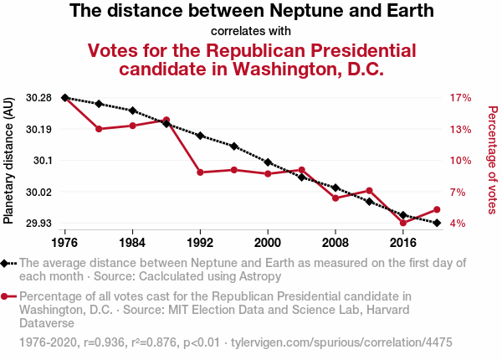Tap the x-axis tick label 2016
[403, 243]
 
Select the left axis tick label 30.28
[38, 98]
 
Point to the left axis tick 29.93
[38, 224]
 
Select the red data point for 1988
[166, 121]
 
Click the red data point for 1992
[200, 172]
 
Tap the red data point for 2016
[403, 224]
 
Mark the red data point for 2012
[369, 191]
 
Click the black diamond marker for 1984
[132, 111]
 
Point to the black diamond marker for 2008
[336, 188]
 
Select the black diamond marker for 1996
[234, 147]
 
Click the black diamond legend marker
[7, 263]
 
